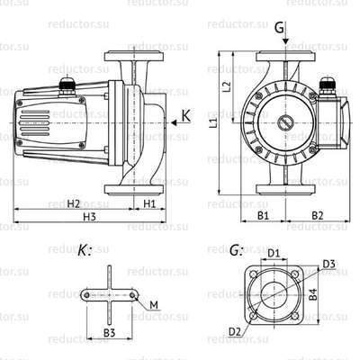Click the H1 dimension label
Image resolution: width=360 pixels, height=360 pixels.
tap(149, 202)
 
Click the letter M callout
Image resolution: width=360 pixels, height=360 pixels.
tap(154, 308)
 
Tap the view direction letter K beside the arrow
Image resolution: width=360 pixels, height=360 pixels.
tap(185, 114)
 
